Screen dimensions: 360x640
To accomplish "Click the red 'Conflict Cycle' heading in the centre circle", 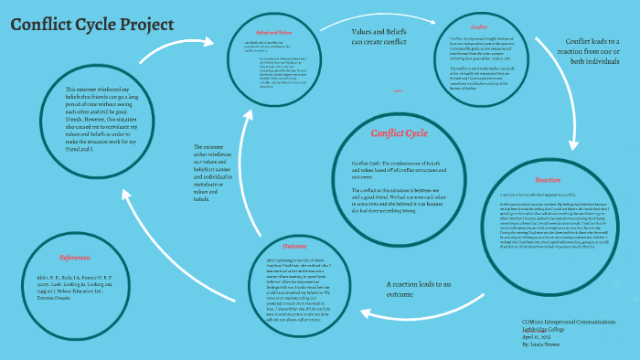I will click(x=399, y=133).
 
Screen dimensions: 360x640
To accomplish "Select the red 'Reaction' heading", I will click(x=548, y=180).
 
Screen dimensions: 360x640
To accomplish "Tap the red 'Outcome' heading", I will click(x=294, y=246).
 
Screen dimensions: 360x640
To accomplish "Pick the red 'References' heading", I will click(x=74, y=258).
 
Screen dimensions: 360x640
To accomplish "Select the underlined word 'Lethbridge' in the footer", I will click(x=556, y=329).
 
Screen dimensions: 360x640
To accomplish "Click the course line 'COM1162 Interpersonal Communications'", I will click(x=581, y=322).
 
